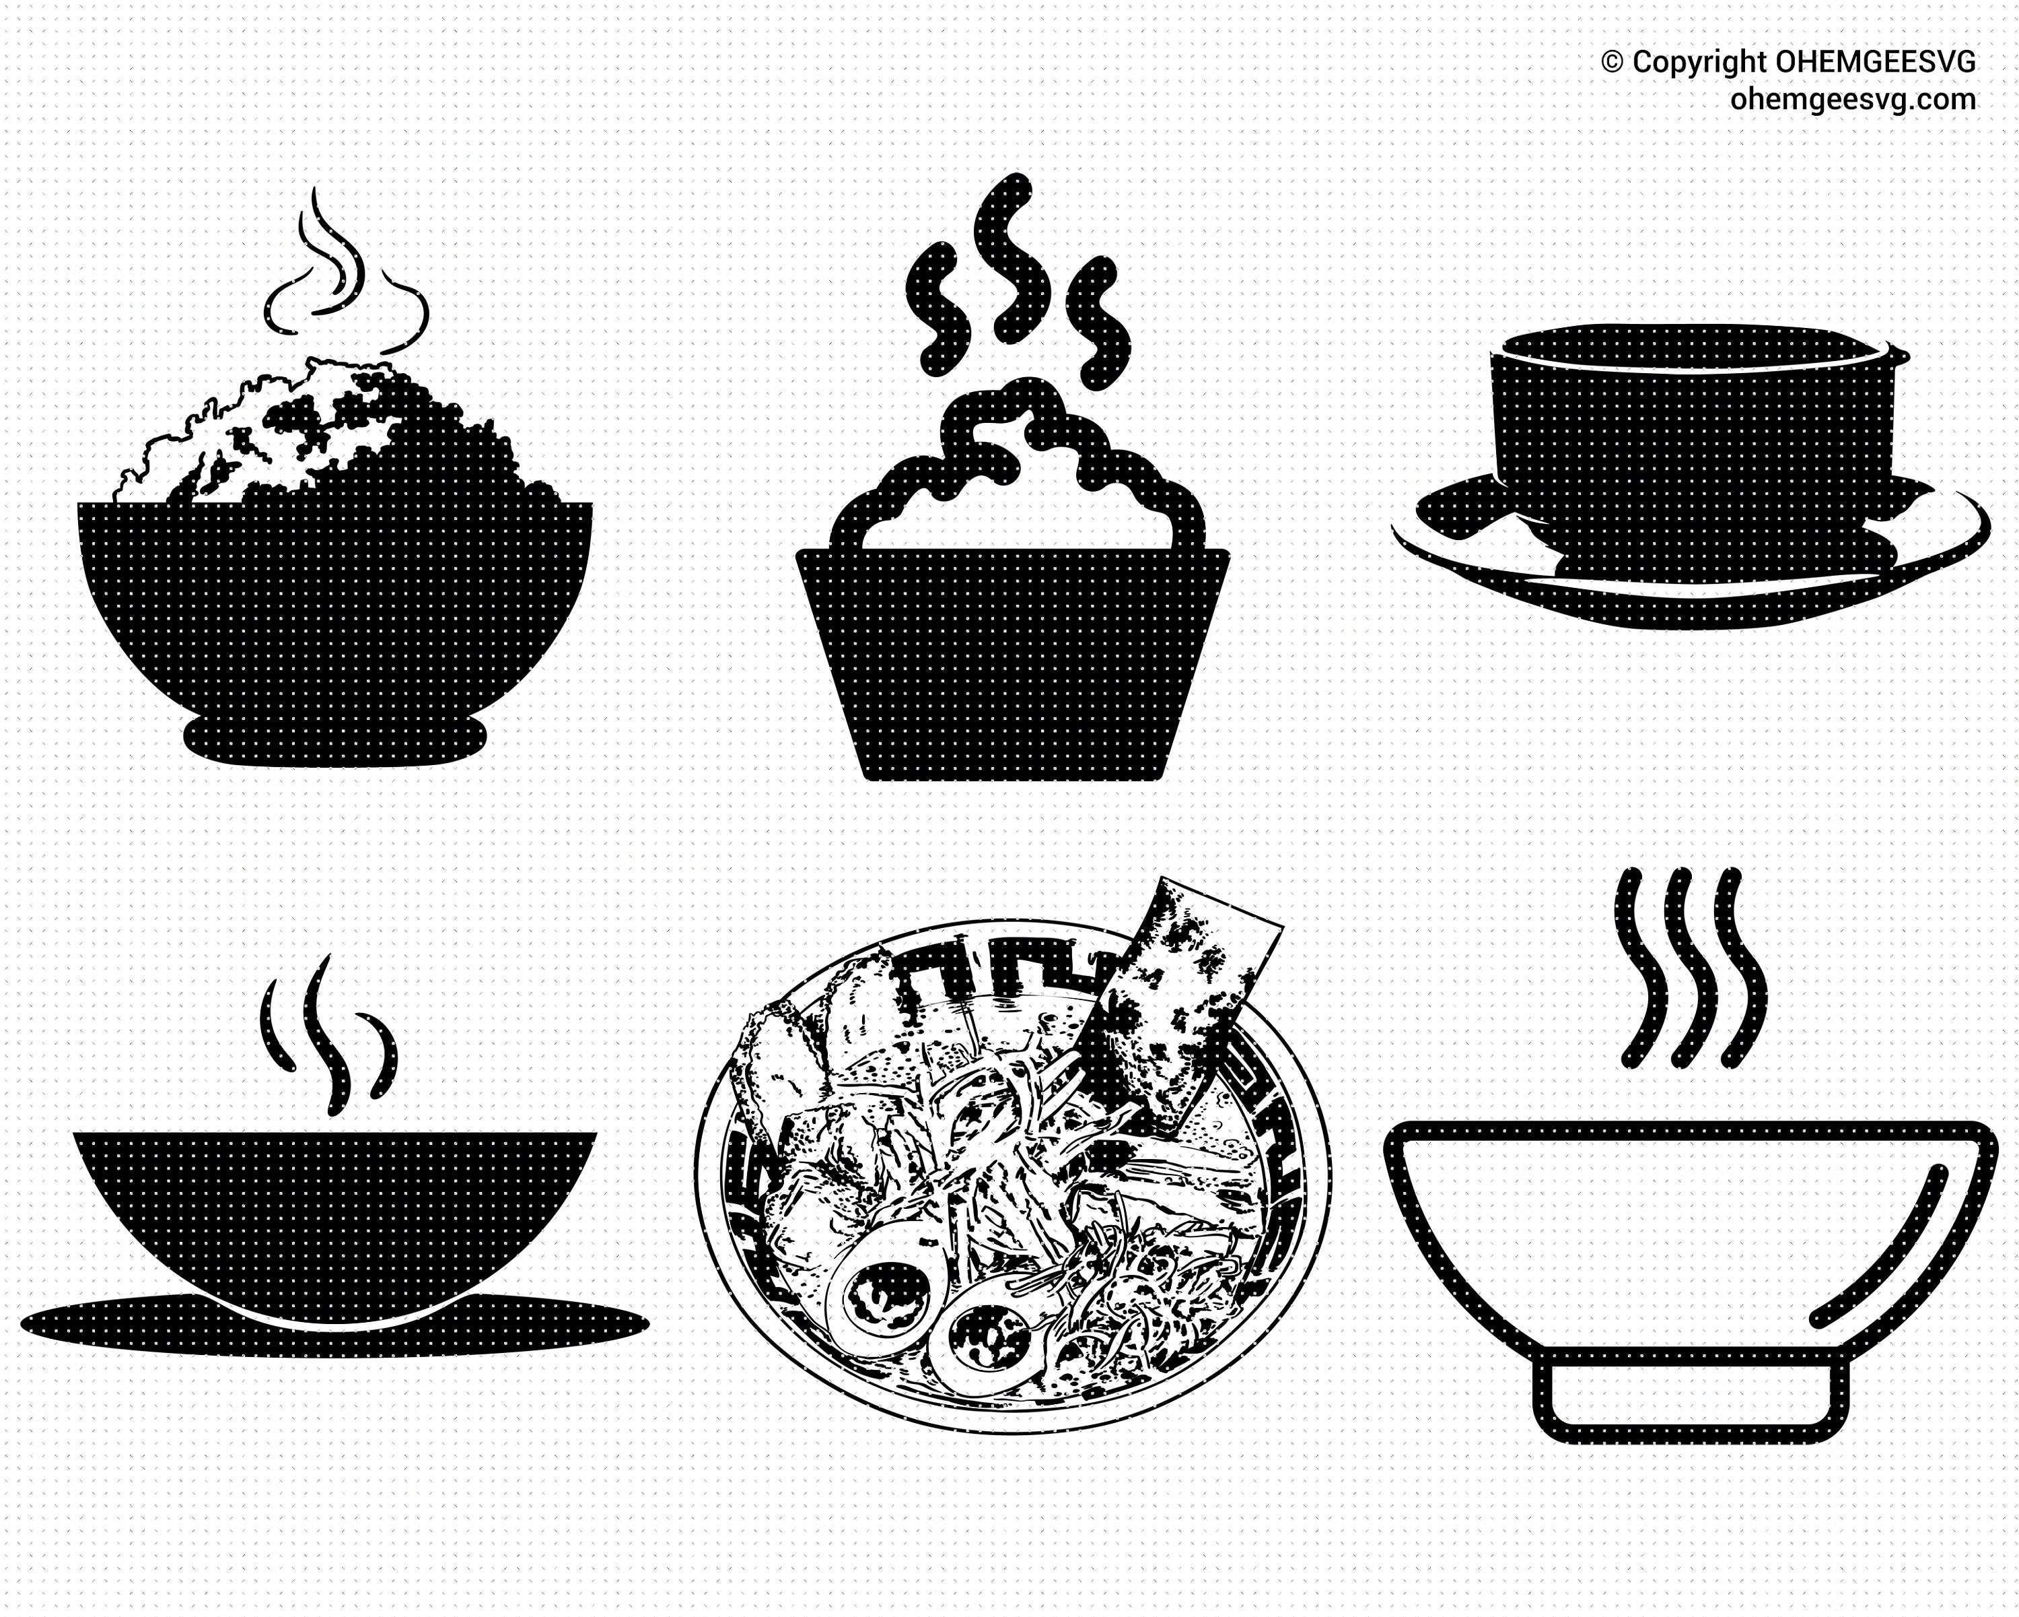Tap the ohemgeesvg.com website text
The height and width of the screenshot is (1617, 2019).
[1851, 98]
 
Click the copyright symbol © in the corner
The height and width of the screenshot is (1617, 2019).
[1613, 62]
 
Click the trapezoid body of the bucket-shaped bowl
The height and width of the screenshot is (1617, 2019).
[1012, 656]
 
